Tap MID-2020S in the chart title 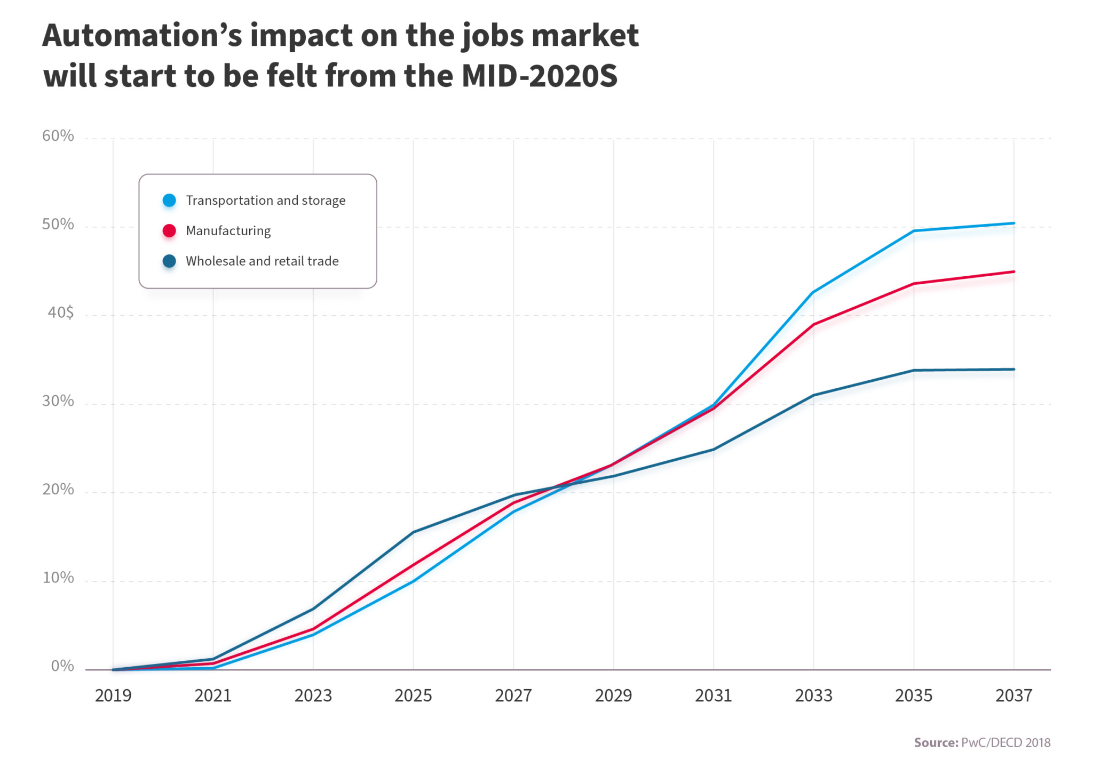coord(539,76)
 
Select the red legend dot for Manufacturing coord(169,230)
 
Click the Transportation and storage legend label coord(265,201)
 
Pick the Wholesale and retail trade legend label coord(262,261)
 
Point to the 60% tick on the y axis coord(58,136)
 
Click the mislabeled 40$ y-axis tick coord(60,313)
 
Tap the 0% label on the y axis coord(62,666)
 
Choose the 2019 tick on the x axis coord(113,695)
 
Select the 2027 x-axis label coord(513,695)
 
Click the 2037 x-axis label coord(1013,695)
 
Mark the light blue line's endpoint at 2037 coord(1013,223)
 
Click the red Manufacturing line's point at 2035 coord(914,284)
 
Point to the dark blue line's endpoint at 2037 coord(1013,369)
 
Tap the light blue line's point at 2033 coord(813,292)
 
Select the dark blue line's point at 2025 coord(413,532)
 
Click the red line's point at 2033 coord(813,324)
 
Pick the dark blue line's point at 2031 coord(714,449)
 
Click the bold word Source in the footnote coord(936,742)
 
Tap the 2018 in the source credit coord(1037,742)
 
